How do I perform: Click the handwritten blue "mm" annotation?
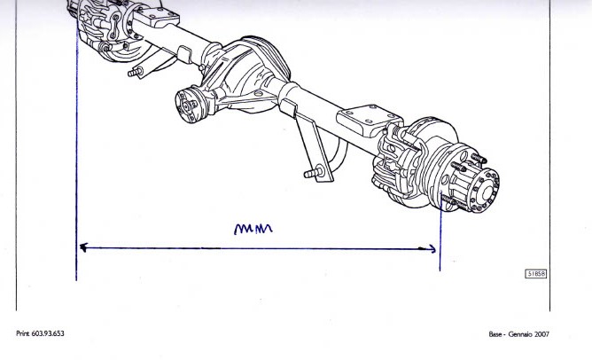click(x=253, y=229)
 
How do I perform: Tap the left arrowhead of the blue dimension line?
click(x=83, y=247)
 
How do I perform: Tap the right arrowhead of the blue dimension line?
click(x=431, y=249)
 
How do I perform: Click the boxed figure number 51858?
click(x=536, y=273)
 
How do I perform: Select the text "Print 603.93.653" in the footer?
click(x=40, y=333)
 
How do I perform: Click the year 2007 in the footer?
click(x=541, y=334)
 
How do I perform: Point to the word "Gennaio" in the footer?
click(x=520, y=334)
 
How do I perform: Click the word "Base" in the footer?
click(x=495, y=334)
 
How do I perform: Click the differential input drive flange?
click(x=189, y=106)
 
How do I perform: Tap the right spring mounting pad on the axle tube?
click(x=368, y=120)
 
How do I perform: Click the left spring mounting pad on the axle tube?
click(x=156, y=17)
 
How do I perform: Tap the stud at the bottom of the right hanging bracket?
click(x=314, y=173)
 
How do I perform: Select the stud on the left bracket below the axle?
click(x=136, y=72)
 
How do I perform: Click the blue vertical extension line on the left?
click(x=76, y=155)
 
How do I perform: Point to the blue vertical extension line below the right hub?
click(x=440, y=231)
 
